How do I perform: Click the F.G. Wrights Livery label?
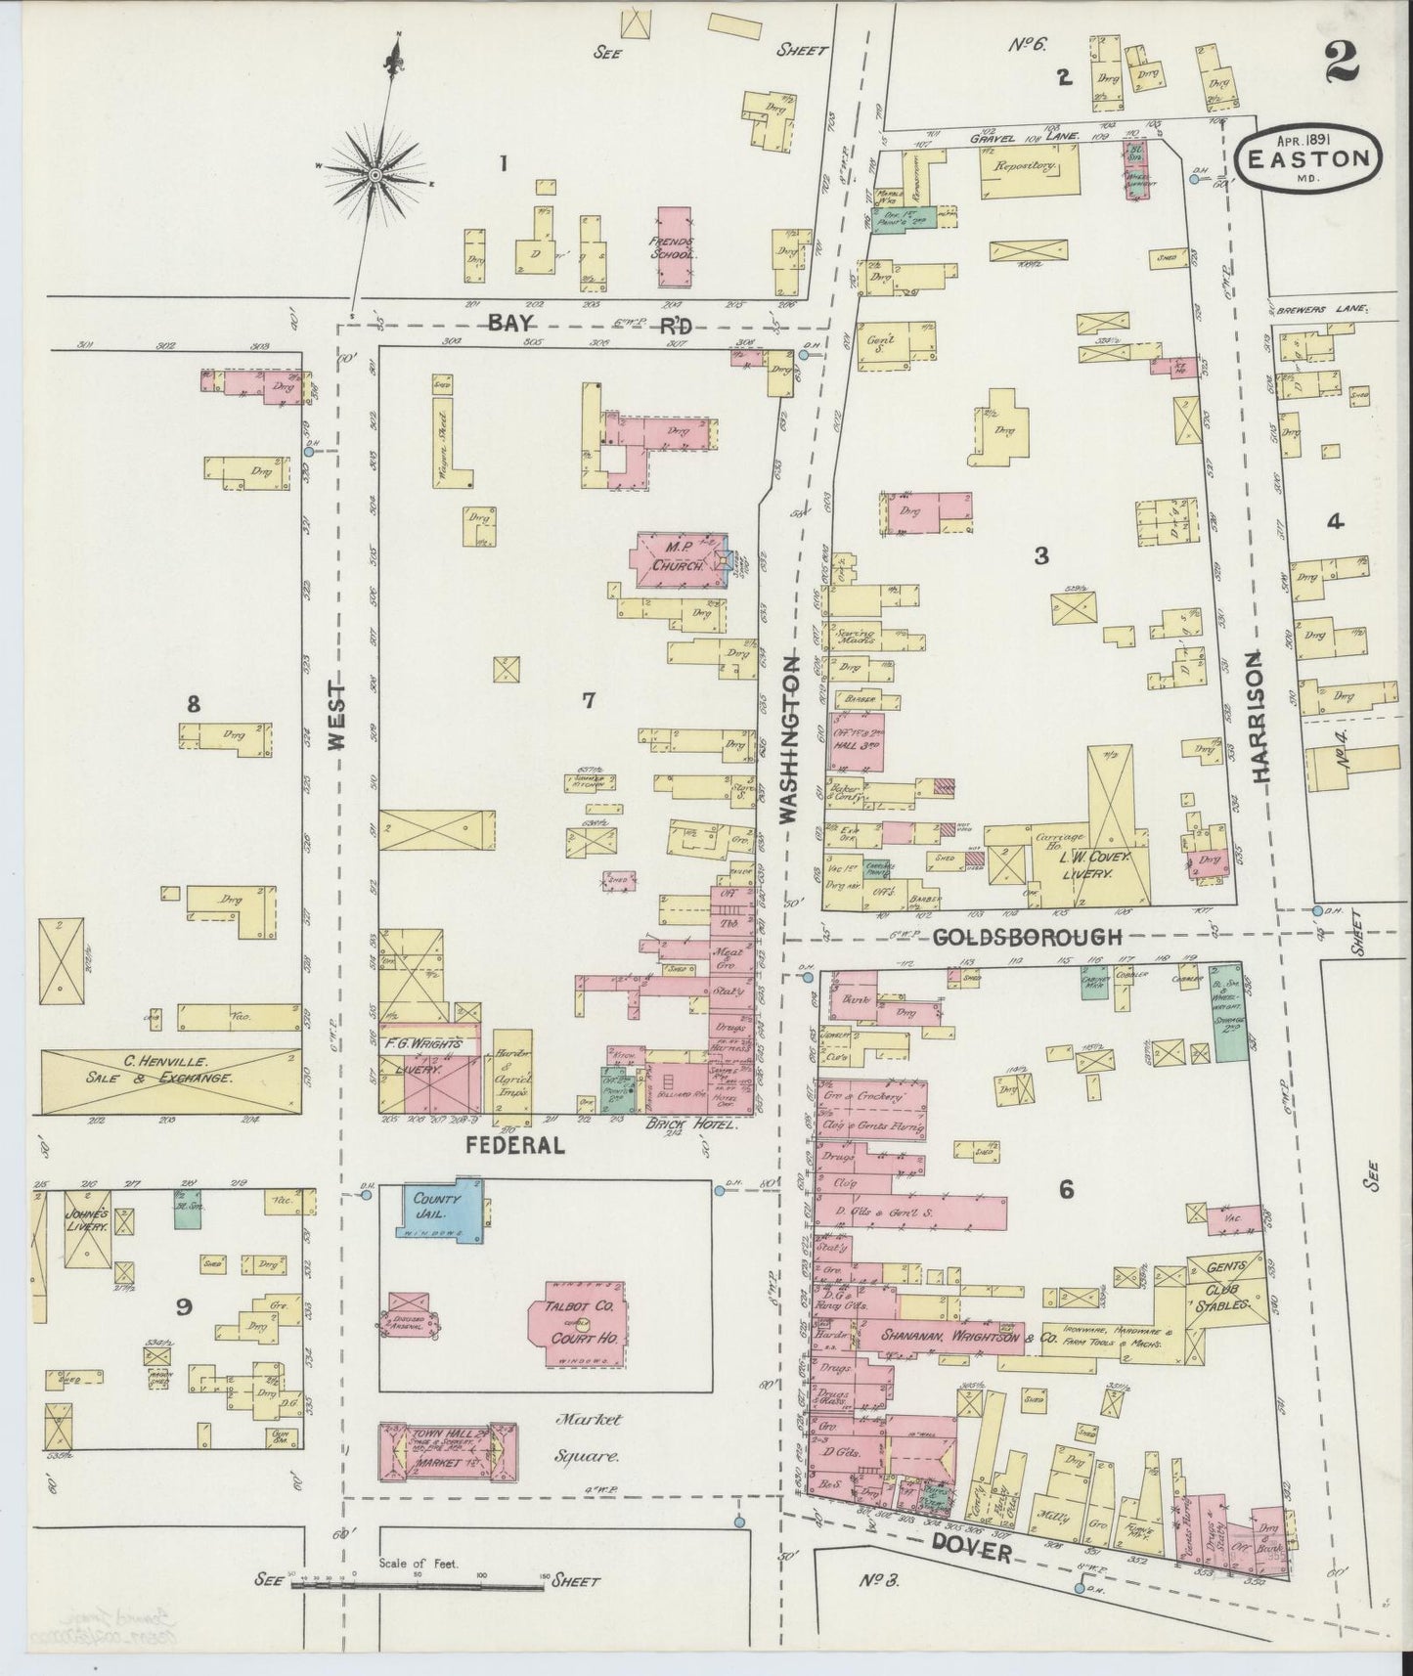[x=422, y=1056]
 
